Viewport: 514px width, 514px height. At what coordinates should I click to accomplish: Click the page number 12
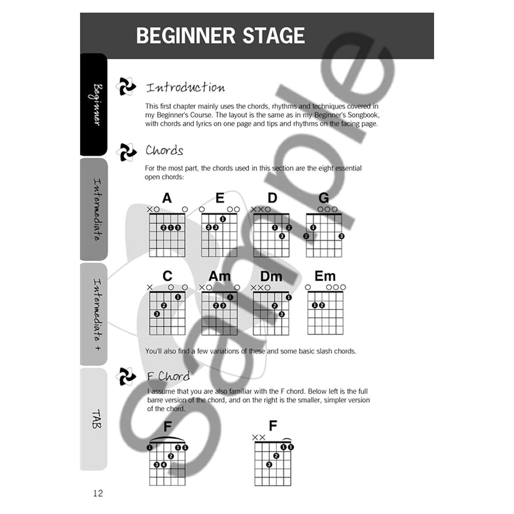click(98, 493)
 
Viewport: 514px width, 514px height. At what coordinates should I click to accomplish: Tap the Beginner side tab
click(94, 105)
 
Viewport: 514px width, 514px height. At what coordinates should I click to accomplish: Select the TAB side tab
click(94, 419)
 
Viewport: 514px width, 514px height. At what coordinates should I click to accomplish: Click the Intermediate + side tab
click(94, 314)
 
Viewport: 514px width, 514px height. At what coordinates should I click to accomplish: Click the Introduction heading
click(185, 87)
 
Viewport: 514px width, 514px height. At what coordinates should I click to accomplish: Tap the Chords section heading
click(164, 150)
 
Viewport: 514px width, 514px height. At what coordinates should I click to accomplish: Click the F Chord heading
click(168, 376)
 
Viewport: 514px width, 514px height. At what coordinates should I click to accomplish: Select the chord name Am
click(219, 276)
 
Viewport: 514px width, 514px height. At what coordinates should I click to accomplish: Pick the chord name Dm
click(271, 276)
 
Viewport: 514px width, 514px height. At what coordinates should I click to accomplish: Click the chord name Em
click(325, 276)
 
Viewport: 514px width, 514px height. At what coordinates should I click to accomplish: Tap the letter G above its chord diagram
click(323, 198)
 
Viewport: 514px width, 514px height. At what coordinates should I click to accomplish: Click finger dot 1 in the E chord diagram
click(223, 219)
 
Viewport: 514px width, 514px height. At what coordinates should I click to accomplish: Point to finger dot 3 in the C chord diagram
click(157, 314)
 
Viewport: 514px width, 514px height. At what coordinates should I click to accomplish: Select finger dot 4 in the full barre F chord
click(164, 465)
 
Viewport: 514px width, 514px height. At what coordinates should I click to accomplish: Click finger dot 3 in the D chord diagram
click(282, 236)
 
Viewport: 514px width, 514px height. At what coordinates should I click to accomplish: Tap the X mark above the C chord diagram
click(150, 287)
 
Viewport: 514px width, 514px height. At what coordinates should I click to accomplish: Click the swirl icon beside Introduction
click(126, 86)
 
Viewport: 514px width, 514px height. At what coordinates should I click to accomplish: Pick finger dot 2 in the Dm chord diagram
click(275, 306)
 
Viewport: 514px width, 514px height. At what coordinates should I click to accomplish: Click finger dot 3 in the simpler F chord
click(269, 465)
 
